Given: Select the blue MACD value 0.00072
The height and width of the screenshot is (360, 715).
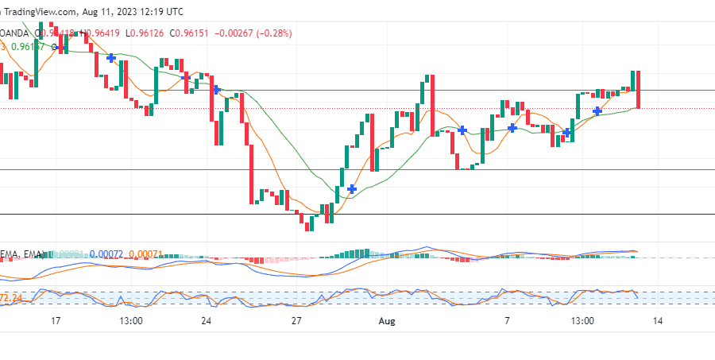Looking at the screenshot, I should [x=107, y=254].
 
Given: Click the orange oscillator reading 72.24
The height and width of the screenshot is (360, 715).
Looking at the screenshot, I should [x=10, y=297].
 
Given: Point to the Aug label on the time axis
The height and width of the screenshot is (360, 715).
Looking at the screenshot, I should [x=387, y=321].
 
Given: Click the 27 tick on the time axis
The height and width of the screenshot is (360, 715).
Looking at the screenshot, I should [x=296, y=321].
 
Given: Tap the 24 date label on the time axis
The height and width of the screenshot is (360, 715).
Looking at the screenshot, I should [x=206, y=321].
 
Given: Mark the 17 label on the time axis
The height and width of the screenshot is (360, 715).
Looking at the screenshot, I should [x=55, y=321].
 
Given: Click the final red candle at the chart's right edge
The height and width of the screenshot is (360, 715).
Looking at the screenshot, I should [x=638, y=89].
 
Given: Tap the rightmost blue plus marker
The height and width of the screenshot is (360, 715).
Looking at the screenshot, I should [x=597, y=110].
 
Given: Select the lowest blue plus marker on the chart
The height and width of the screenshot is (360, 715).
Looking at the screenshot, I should [x=351, y=188].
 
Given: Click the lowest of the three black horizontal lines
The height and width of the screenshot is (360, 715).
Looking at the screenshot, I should [x=357, y=214].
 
